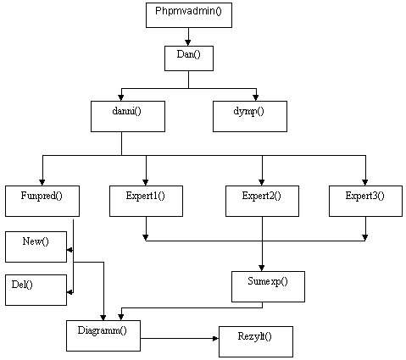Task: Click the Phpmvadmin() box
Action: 189,15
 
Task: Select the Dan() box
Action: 189,58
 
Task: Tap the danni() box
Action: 128,116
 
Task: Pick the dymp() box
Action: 250,116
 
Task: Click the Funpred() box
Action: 42,201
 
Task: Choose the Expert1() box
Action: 146,201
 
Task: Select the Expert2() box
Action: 262,201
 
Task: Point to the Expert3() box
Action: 365,201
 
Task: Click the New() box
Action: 36,247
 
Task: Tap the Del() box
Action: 36,290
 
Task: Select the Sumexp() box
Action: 268,286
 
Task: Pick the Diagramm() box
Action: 103,335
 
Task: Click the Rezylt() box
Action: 256,341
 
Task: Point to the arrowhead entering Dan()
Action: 188,43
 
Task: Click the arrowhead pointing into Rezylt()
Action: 216,338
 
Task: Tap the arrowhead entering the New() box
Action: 70,250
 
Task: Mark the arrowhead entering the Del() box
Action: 70,293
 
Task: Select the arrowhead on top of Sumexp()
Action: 262,269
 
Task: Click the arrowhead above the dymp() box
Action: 256,98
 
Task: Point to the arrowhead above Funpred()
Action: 42,182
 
